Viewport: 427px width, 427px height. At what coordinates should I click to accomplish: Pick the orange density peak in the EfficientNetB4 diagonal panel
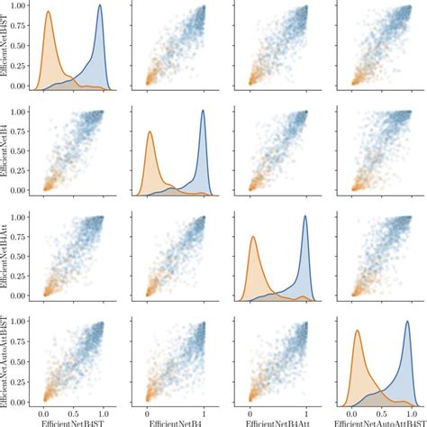tap(150, 132)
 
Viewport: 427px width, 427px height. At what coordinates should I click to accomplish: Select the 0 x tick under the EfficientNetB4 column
tap(148, 409)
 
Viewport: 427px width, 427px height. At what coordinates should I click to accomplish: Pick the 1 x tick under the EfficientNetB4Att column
tap(307, 409)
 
